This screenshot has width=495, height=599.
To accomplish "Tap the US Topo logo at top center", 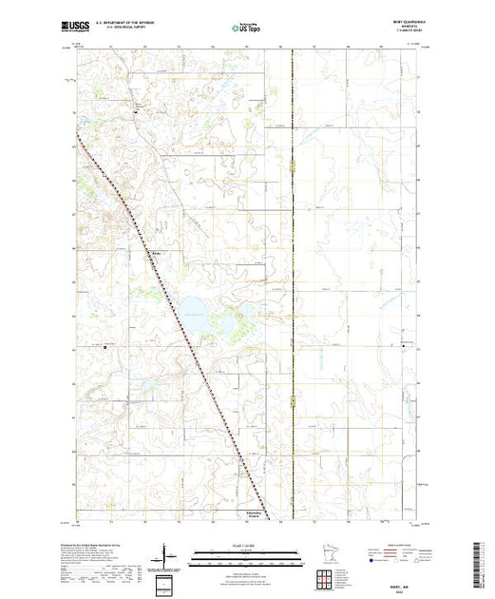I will (x=247, y=29).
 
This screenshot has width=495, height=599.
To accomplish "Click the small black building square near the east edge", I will (x=404, y=347).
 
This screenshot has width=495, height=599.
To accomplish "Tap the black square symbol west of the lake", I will (x=105, y=347).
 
